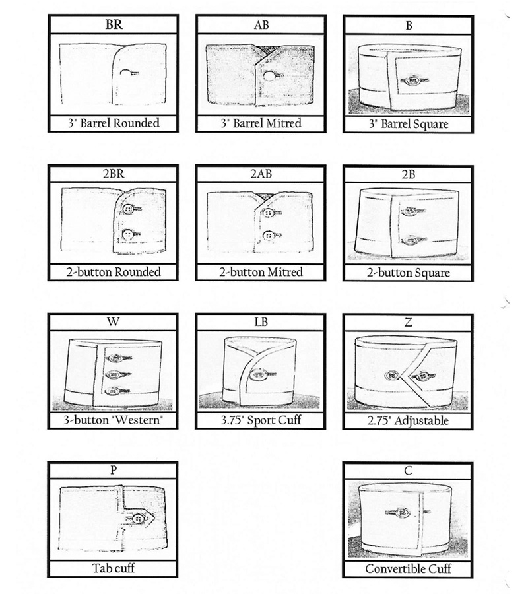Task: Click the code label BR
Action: tap(114, 24)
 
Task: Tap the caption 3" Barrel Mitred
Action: tap(261, 123)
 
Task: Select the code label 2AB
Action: tap(261, 174)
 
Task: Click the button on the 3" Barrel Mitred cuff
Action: tap(269, 76)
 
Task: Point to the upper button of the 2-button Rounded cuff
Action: tap(128, 209)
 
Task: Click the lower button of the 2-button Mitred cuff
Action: tap(269, 236)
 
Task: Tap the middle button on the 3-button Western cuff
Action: tap(114, 374)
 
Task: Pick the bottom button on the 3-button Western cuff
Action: tap(112, 391)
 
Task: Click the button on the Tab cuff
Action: tap(139, 519)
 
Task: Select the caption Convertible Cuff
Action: tap(409, 569)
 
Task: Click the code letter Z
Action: tap(409, 322)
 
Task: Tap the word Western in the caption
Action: tap(138, 420)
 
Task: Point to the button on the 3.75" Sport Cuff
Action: tap(259, 374)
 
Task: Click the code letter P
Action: tap(114, 470)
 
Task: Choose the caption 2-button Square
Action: tap(409, 273)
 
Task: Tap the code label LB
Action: tap(261, 322)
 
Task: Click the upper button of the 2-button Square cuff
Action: tap(410, 211)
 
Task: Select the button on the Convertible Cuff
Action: tap(402, 513)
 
